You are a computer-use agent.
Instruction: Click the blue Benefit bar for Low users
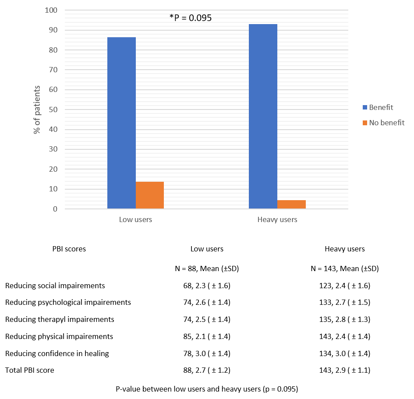pyautogui.click(x=121, y=123)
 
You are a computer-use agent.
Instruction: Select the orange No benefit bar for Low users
pyautogui.click(x=150, y=195)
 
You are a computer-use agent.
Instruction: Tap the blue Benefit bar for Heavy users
pyautogui.click(x=263, y=116)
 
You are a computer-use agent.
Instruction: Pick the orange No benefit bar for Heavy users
pyautogui.click(x=291, y=205)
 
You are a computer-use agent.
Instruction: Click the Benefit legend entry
pyautogui.click(x=381, y=107)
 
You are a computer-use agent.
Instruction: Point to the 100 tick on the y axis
pyautogui.click(x=51, y=10)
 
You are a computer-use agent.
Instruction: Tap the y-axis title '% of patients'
pyautogui.click(x=38, y=109)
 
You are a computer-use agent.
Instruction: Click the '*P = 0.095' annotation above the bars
pyautogui.click(x=191, y=18)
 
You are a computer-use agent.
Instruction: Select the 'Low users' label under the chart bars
pyautogui.click(x=135, y=219)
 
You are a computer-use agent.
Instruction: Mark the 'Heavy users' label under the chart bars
pyautogui.click(x=277, y=219)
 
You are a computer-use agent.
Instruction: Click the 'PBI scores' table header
pyautogui.click(x=69, y=249)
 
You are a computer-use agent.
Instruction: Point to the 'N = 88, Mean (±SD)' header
pyautogui.click(x=207, y=268)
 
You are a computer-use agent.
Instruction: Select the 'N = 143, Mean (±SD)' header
pyautogui.click(x=345, y=268)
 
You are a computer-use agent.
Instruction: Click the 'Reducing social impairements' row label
pyautogui.click(x=55, y=286)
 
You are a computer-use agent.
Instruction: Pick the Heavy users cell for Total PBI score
pyautogui.click(x=345, y=370)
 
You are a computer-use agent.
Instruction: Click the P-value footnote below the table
pyautogui.click(x=207, y=388)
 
